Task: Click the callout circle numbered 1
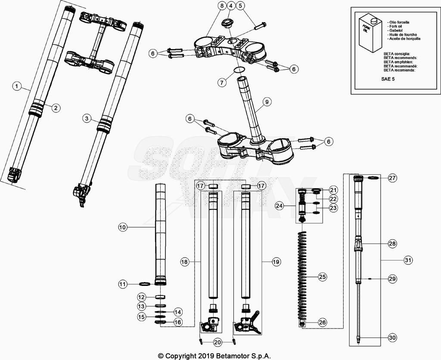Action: click(16, 87)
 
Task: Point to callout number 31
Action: click(408, 260)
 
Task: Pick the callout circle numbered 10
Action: click(123, 227)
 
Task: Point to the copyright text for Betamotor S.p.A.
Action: click(214, 356)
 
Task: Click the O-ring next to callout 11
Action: click(145, 284)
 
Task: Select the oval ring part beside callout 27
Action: click(373, 178)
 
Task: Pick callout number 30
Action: click(392, 338)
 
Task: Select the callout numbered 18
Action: click(184, 261)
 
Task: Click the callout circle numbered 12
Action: click(141, 297)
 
